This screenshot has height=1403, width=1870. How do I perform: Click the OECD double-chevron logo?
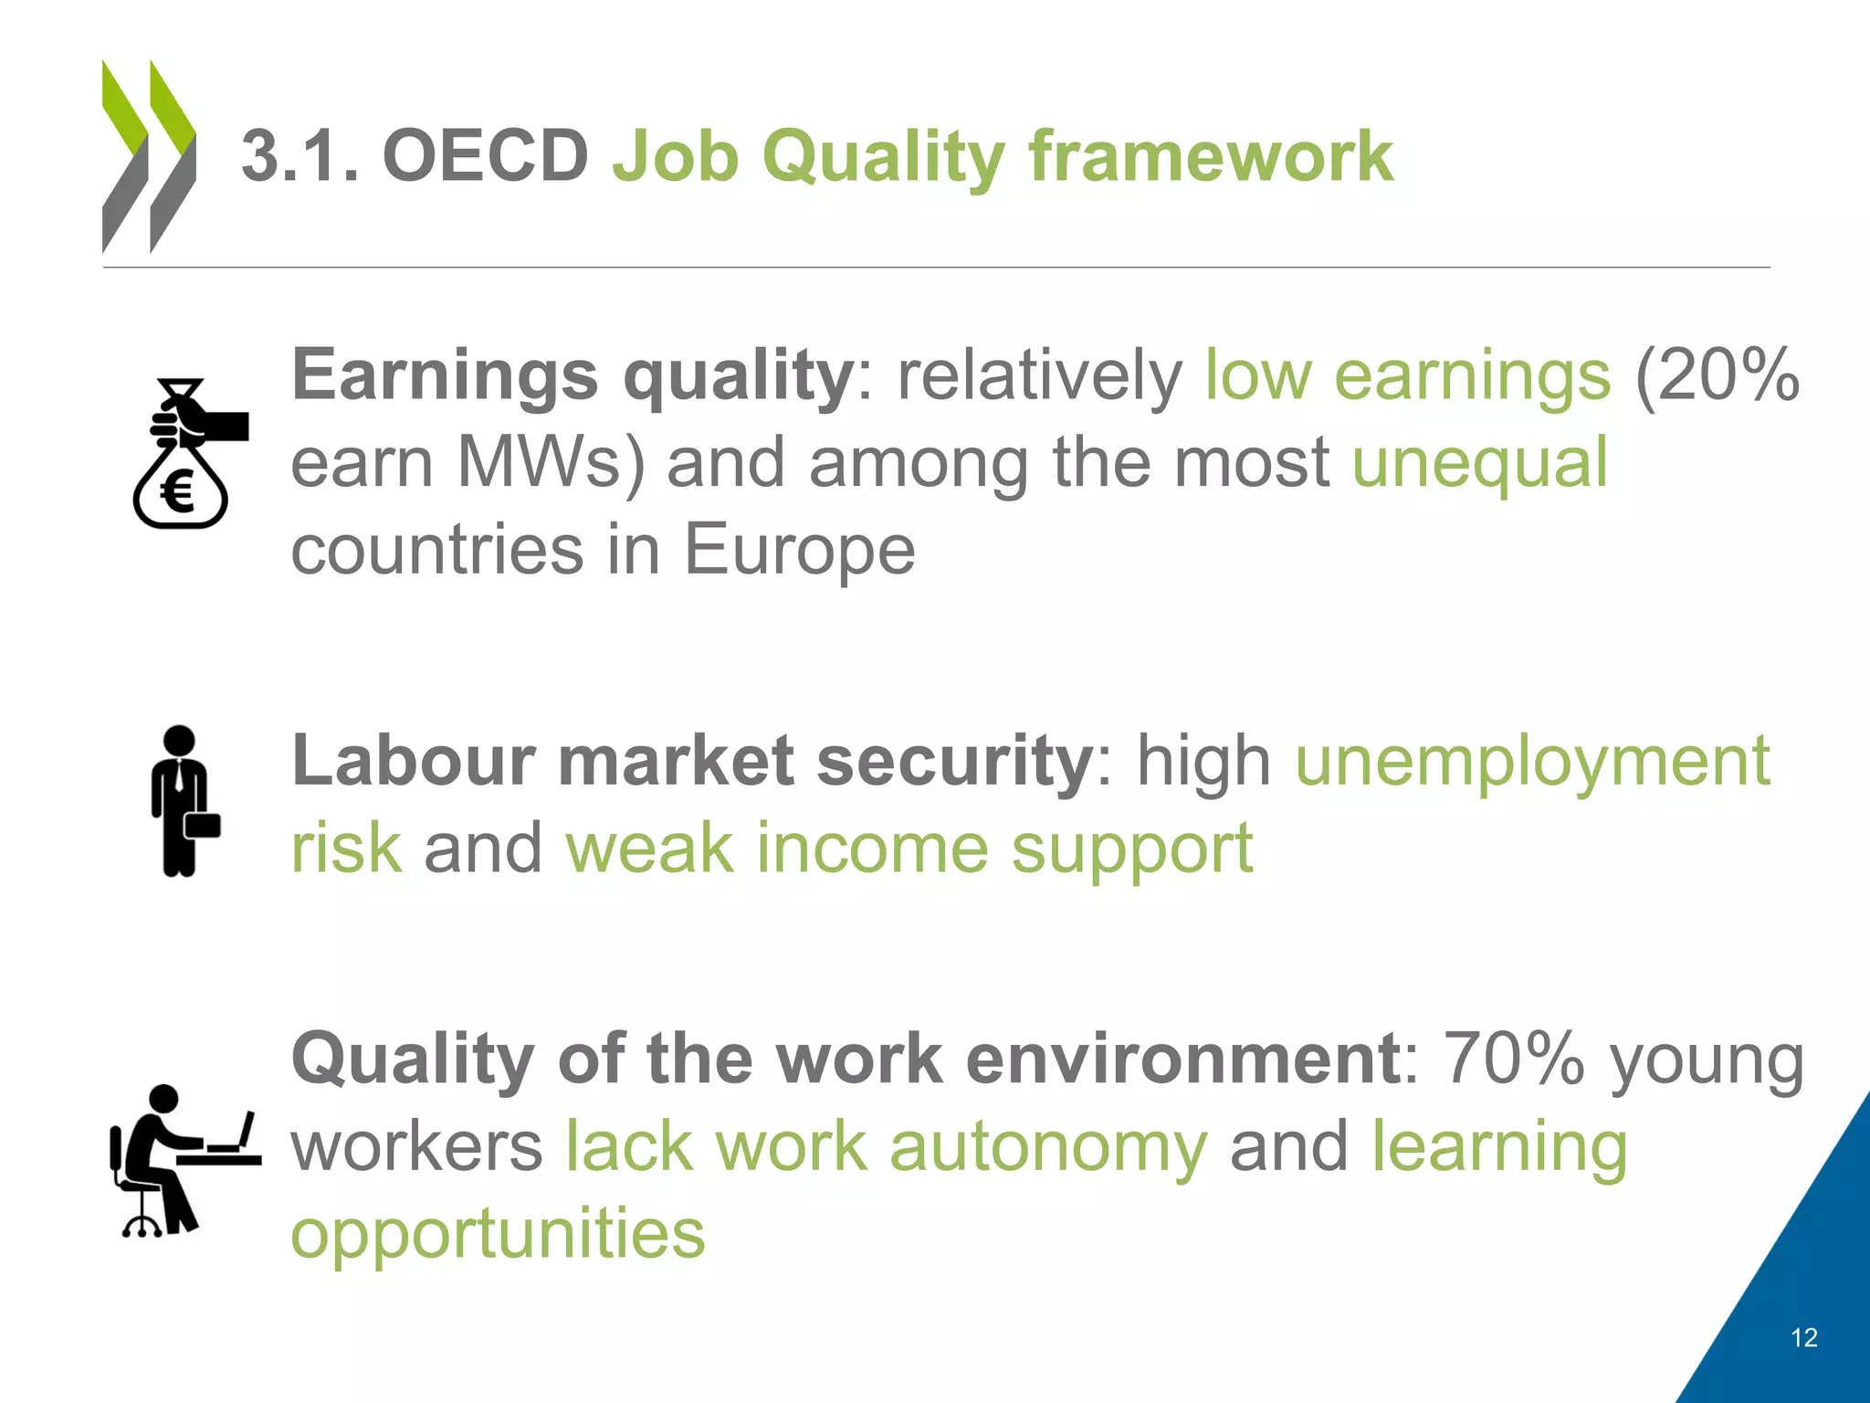[x=149, y=156]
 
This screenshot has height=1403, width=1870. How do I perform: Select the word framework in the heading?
[x=1211, y=156]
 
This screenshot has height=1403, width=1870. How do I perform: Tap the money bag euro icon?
[x=187, y=454]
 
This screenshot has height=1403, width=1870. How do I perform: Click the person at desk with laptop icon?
[x=183, y=1160]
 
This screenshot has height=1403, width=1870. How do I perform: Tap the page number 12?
[x=1804, y=1338]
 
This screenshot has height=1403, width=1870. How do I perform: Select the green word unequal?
[x=1479, y=462]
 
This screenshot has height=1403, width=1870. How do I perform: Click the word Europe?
[x=800, y=550]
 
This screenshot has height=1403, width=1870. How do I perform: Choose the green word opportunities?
[x=498, y=1233]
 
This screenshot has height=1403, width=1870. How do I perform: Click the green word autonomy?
[x=1048, y=1146]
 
